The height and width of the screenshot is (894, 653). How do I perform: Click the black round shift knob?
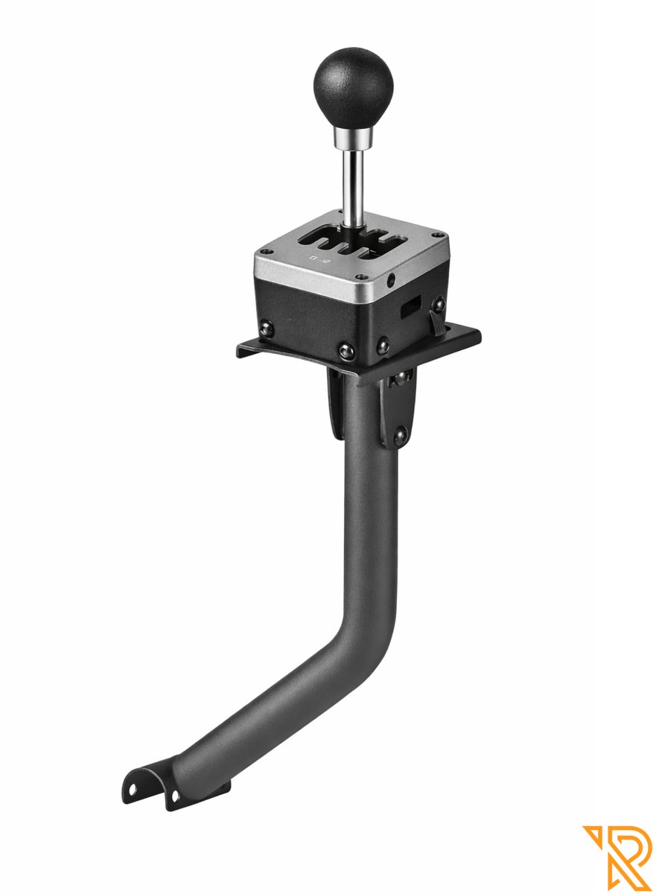pyautogui.click(x=353, y=83)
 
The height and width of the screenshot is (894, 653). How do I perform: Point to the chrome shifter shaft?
pyautogui.click(x=354, y=186)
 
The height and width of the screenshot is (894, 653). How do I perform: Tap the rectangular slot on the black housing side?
pyautogui.click(x=410, y=308)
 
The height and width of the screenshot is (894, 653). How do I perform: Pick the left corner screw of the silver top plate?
pyautogui.click(x=262, y=251)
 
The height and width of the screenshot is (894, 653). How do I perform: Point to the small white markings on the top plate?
pyautogui.click(x=319, y=260)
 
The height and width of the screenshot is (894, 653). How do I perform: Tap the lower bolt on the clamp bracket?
pyautogui.click(x=400, y=434)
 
